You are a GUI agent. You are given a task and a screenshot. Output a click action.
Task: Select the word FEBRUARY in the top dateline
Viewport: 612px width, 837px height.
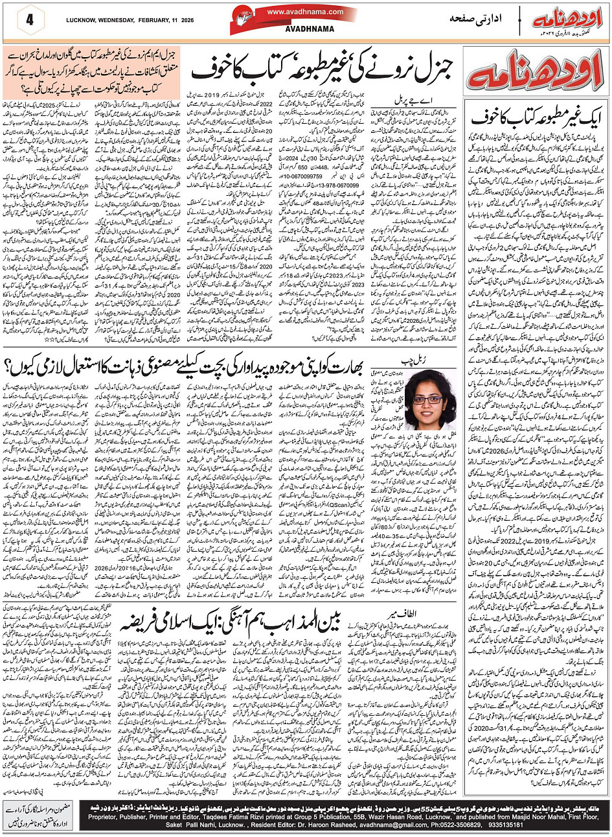(x=170, y=18)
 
